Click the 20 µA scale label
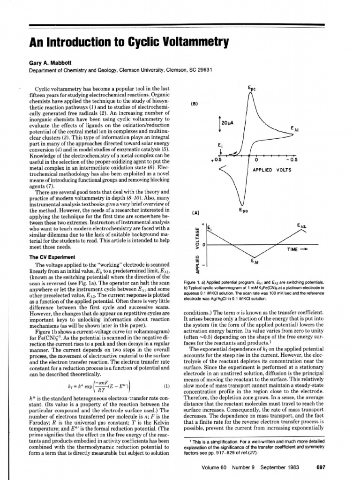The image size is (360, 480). tap(227, 123)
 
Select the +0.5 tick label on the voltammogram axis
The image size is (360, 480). tap(216, 160)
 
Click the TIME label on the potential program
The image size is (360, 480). tap(295, 249)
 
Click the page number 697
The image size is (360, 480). tap(321, 467)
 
